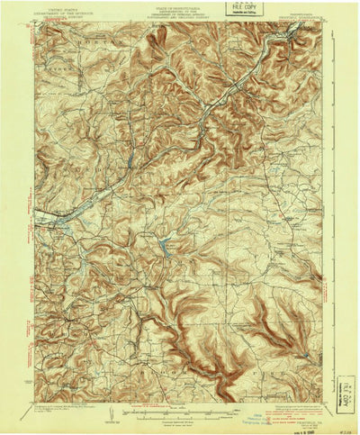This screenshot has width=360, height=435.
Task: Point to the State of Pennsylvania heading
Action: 180,9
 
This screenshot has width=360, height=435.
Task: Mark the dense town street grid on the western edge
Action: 56,219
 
